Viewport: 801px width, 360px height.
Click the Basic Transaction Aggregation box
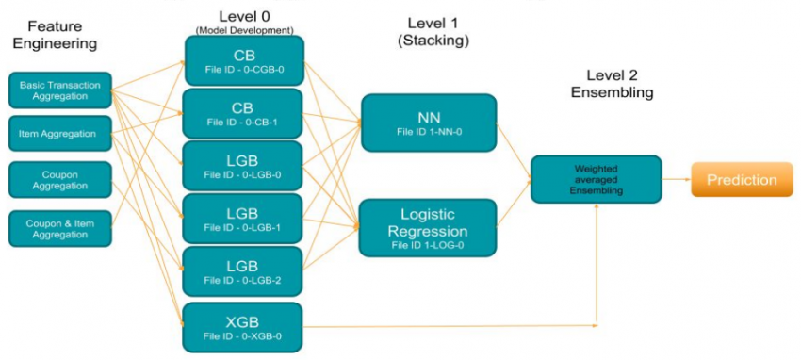[60, 91]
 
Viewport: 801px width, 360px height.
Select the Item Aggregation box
[60, 135]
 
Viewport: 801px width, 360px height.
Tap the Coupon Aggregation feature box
[60, 180]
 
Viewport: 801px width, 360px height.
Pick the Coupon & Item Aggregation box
[60, 226]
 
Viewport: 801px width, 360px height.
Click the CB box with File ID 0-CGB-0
[243, 60]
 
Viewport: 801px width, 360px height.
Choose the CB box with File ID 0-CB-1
[243, 113]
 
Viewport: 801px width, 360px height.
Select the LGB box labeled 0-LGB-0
[243, 166]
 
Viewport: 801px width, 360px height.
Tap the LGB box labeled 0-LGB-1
[243, 219]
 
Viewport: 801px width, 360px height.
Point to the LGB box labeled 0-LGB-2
[243, 271]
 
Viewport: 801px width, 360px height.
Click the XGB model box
[243, 326]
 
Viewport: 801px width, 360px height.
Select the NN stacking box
[428, 123]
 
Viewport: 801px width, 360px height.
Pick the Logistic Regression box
[428, 228]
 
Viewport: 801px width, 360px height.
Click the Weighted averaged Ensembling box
[595, 179]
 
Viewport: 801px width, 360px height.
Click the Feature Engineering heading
[53, 36]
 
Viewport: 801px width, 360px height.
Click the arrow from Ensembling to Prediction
[675, 179]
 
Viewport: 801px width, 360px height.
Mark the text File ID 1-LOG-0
[428, 247]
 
